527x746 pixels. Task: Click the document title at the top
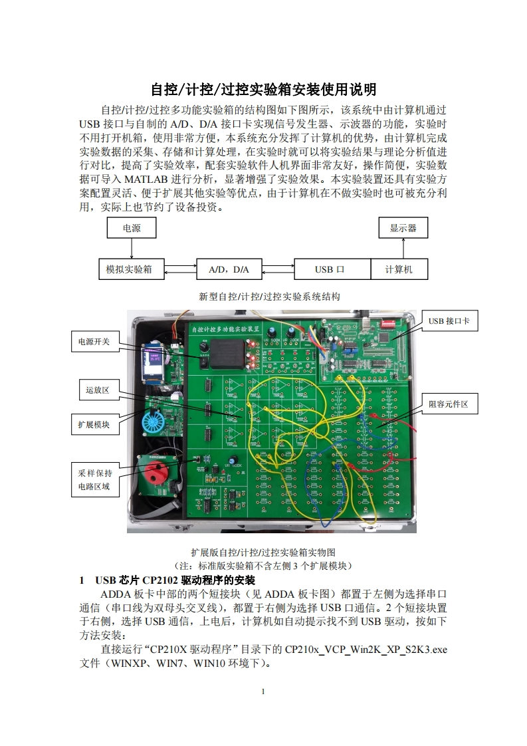pyautogui.click(x=263, y=89)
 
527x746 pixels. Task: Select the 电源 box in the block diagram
pyautogui.click(x=132, y=228)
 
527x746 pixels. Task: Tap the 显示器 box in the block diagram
pyautogui.click(x=403, y=228)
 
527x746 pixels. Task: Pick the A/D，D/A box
pyautogui.click(x=229, y=269)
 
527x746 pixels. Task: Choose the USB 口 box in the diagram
pyautogui.click(x=332, y=269)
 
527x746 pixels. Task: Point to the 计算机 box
pyautogui.click(x=399, y=269)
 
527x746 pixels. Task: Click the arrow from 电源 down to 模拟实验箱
pyautogui.click(x=132, y=249)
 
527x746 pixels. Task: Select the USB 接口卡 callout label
pyautogui.click(x=449, y=321)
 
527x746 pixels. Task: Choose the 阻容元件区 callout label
pyautogui.click(x=449, y=404)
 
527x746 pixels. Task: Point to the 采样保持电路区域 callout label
pyautogui.click(x=94, y=480)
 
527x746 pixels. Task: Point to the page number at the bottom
pyautogui.click(x=263, y=692)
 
